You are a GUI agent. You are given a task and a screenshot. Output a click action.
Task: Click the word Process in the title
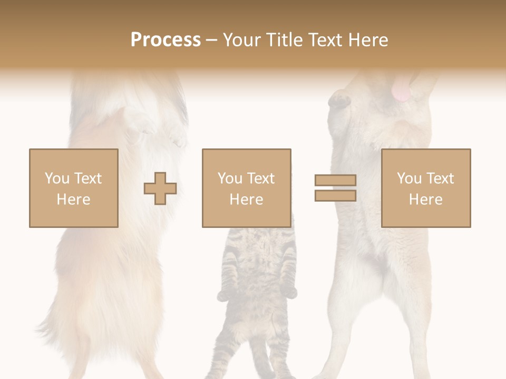pos(166,40)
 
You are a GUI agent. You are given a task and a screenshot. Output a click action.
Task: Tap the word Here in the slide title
pos(367,40)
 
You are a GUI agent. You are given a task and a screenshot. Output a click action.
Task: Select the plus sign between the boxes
pos(160,188)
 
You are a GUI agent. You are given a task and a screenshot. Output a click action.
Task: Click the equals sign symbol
pos(335,188)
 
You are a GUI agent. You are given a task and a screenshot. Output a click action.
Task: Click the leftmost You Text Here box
pos(74,188)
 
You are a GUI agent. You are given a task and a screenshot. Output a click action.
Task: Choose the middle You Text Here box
pos(246,188)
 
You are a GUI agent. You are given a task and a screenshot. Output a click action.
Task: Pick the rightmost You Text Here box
pos(426,188)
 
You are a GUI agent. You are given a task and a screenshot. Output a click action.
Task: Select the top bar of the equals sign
pos(335,181)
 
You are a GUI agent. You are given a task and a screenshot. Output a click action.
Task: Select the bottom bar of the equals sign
pos(335,195)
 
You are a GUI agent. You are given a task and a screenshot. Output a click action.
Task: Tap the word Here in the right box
pos(426,200)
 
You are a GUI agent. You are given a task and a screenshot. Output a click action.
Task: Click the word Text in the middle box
pos(261,178)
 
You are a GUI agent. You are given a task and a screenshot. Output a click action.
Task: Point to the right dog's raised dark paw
pos(339,99)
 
